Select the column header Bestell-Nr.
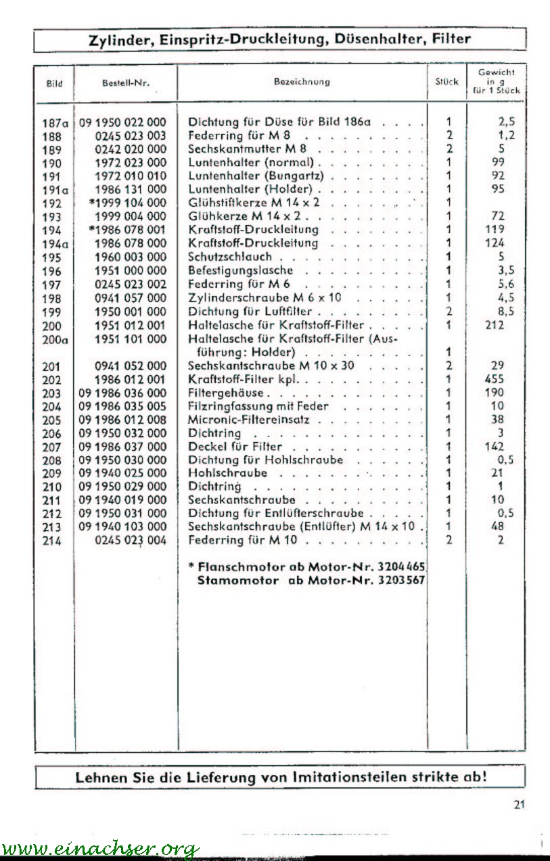(125, 83)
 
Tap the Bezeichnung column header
(302, 82)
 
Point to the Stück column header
(446, 82)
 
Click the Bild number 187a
(55, 123)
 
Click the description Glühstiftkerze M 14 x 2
(254, 203)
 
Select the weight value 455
(495, 379)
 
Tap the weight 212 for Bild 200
(495, 325)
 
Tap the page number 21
(519, 804)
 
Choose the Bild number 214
(51, 541)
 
